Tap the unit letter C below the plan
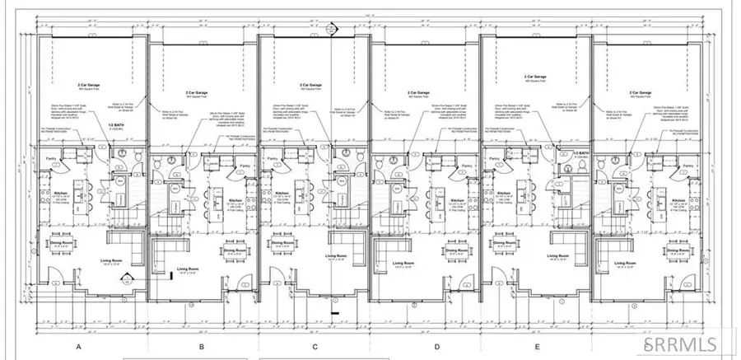click(x=315, y=347)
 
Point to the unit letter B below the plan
click(x=202, y=347)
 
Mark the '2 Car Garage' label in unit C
click(x=310, y=84)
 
